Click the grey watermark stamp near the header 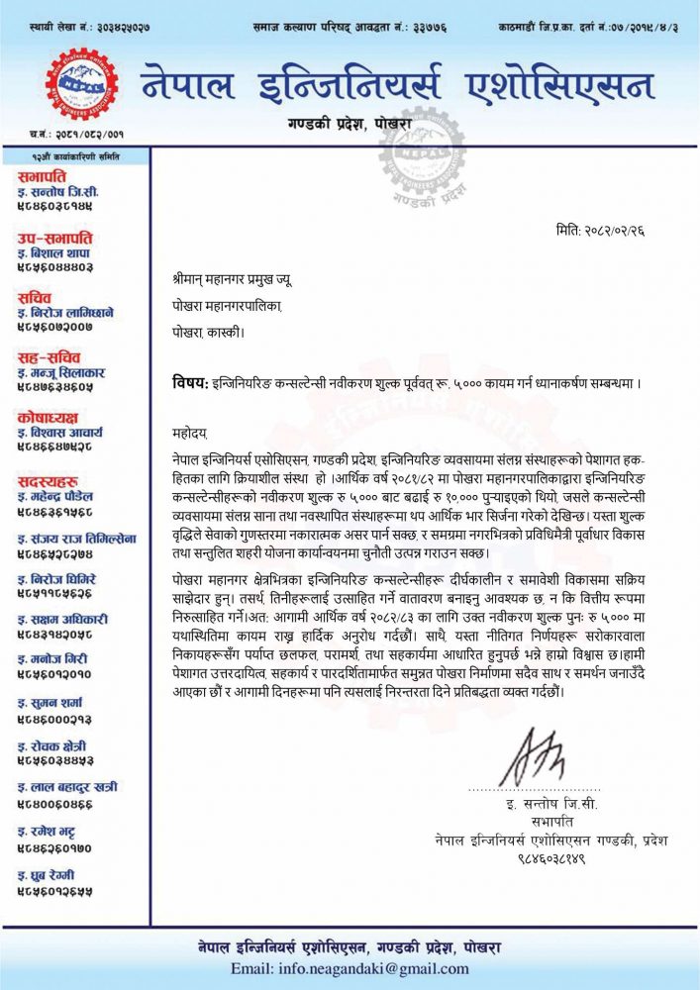pyautogui.click(x=422, y=148)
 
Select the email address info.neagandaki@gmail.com pyautogui.click(x=350, y=968)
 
